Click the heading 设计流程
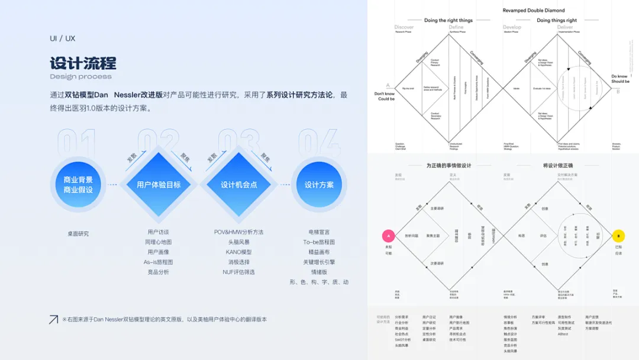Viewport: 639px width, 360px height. tap(83, 63)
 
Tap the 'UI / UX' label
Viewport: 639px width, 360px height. tap(62, 38)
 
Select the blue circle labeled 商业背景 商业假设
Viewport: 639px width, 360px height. tap(78, 185)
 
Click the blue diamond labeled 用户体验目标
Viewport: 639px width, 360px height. tap(159, 185)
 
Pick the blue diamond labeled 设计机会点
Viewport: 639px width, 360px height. tap(239, 185)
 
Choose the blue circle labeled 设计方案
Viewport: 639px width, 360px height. tap(319, 185)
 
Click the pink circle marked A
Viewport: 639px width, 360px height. tap(388, 236)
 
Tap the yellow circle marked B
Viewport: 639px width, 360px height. tap(618, 236)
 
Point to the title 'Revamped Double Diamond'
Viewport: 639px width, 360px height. tap(534, 11)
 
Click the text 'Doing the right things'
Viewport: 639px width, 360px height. tap(448, 21)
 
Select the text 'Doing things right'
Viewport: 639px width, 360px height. tap(557, 21)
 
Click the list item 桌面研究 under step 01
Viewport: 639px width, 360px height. tap(78, 234)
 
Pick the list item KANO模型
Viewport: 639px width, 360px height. tap(239, 252)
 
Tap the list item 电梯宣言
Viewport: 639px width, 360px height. tap(319, 232)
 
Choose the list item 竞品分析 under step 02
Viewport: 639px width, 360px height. tap(159, 272)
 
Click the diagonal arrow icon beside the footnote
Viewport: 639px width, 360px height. tap(53, 319)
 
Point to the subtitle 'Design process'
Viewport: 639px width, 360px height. tap(80, 76)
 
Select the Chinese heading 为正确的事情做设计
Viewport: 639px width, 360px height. tap(448, 166)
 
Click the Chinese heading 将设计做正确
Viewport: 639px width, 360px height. tap(557, 166)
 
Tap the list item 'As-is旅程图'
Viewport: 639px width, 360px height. tap(159, 262)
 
